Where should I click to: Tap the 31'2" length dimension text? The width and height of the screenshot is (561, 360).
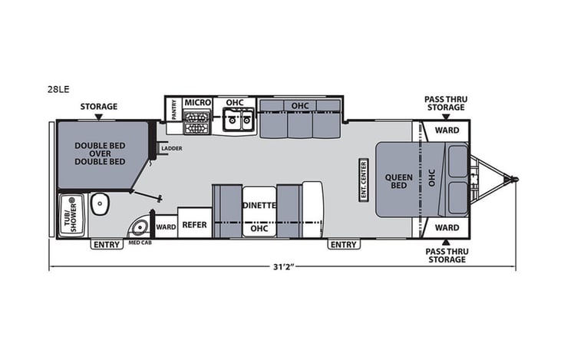[283, 266]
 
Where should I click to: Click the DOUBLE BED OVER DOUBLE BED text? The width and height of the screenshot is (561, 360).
[100, 154]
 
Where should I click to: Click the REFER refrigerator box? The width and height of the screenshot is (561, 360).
[195, 225]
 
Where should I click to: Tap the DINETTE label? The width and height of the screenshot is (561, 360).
[259, 205]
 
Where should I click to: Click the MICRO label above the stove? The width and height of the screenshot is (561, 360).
[197, 102]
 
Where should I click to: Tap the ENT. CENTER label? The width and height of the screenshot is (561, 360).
[364, 179]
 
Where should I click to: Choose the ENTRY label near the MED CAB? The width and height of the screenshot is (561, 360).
[107, 245]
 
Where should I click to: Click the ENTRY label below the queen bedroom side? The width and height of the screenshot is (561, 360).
[343, 245]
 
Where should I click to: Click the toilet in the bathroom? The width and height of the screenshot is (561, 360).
[100, 204]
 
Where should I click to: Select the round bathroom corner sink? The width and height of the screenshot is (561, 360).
[139, 228]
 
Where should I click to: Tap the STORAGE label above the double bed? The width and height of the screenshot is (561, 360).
[98, 107]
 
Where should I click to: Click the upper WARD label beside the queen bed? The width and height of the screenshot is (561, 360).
[447, 130]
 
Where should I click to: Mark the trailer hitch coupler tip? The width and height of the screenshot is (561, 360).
[516, 180]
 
